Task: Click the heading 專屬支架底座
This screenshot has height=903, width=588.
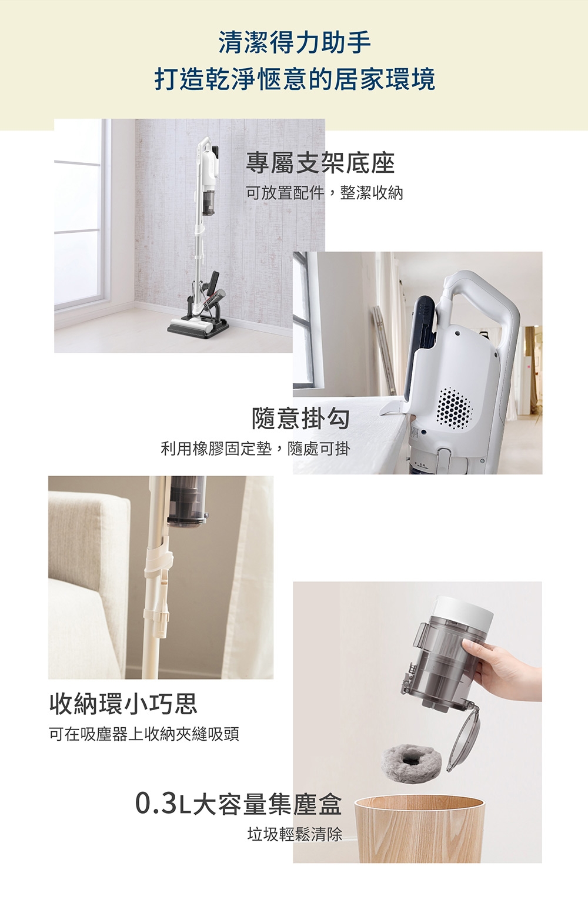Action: tap(320, 163)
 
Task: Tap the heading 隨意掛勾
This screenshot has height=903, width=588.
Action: tap(300, 418)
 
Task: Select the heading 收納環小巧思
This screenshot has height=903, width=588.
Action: tap(123, 703)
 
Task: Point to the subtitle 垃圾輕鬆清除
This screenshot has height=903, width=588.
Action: tap(294, 834)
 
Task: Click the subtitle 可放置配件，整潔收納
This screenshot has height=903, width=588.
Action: tap(324, 192)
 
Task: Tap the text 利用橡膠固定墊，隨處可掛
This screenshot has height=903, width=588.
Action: tap(255, 449)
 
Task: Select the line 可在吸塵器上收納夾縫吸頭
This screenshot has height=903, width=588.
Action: tap(143, 734)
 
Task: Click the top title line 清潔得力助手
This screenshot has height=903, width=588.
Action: tap(294, 42)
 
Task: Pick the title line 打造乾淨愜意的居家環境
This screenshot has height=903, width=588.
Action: tap(294, 79)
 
